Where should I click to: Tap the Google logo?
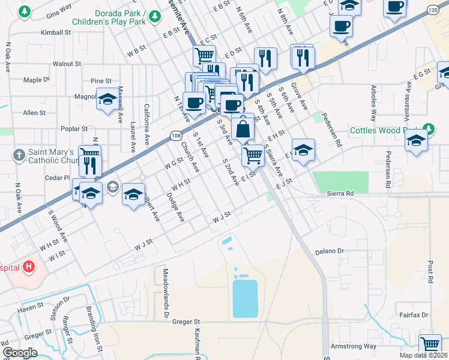pos(20,352)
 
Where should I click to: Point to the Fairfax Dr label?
pos(414,314)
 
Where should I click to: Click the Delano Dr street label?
pos(331,251)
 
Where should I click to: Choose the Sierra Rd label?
pos(341,194)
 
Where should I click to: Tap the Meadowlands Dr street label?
pos(165,286)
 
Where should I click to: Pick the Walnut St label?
pos(67,63)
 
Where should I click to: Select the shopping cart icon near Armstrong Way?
pos(430,344)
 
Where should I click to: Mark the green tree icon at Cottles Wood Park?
pos(428,128)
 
